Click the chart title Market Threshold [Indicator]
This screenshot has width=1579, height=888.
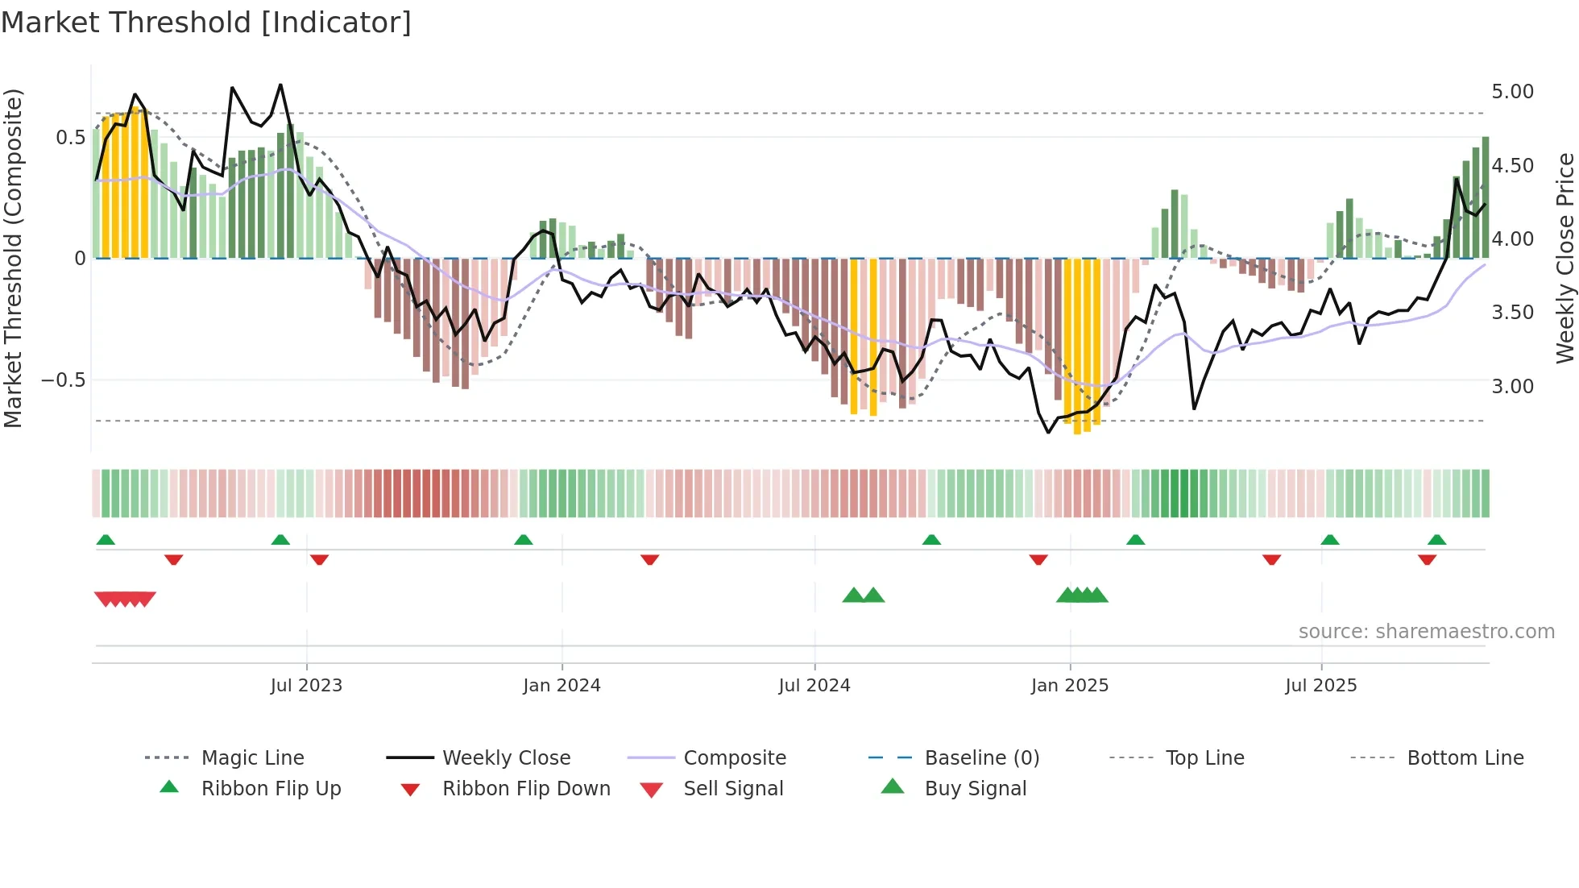tap(206, 23)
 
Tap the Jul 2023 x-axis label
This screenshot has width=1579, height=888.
tap(306, 686)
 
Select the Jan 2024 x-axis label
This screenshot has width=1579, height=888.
tap(562, 686)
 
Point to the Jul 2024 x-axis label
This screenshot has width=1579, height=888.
tap(814, 686)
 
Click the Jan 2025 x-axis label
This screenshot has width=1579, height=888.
tap(1070, 686)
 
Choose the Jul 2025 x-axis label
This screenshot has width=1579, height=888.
tap(1321, 686)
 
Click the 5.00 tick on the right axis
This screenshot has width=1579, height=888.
tap(1512, 92)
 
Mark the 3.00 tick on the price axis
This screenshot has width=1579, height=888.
tap(1512, 387)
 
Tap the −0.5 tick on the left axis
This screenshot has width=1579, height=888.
tap(64, 380)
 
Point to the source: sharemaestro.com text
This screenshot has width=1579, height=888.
tap(1426, 632)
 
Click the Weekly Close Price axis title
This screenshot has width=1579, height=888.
tap(1564, 258)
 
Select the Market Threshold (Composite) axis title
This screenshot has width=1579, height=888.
tap(13, 258)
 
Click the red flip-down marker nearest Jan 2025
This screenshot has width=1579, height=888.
tap(1038, 559)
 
